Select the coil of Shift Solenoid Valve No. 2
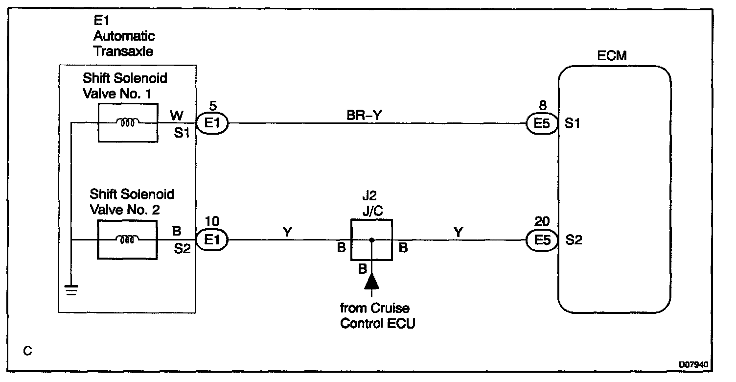point(127,240)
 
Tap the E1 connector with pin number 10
point(211,240)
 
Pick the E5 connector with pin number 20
point(542,240)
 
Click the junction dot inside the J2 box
point(371,240)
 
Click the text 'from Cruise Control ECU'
point(377,316)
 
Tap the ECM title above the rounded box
point(612,55)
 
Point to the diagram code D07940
point(693,365)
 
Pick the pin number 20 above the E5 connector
point(542,223)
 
